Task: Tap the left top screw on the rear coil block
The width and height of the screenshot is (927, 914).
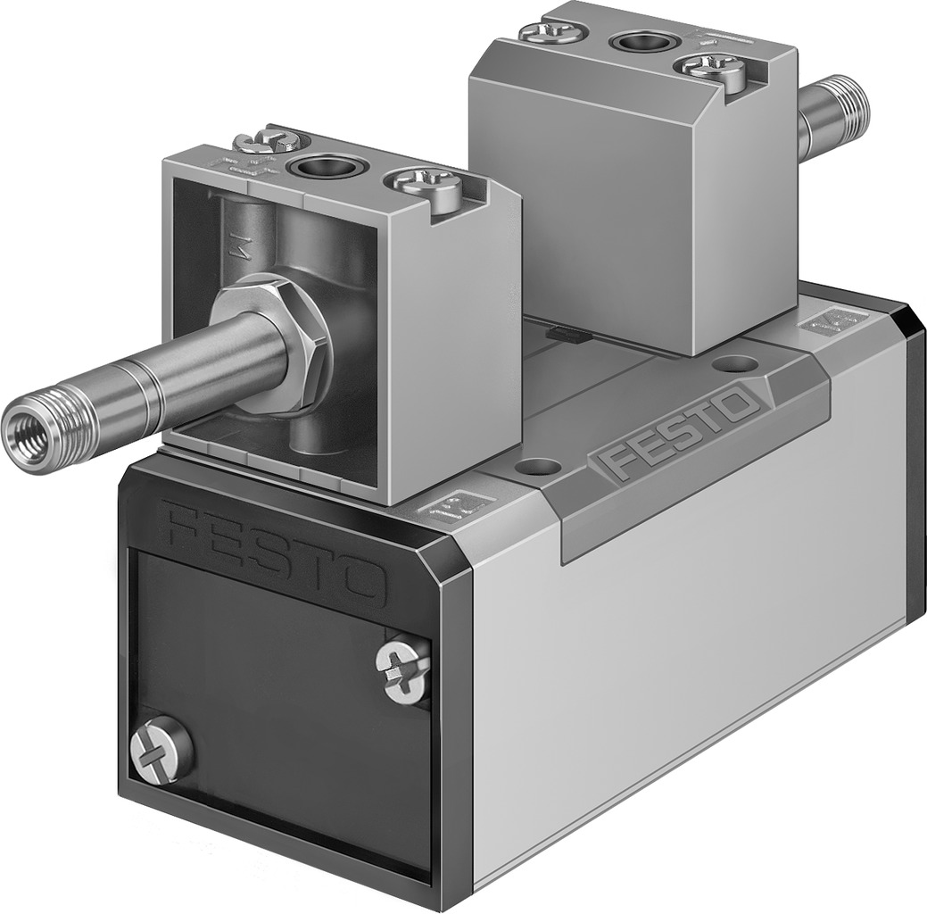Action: click(x=551, y=31)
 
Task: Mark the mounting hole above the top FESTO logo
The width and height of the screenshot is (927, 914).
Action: click(x=736, y=363)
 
